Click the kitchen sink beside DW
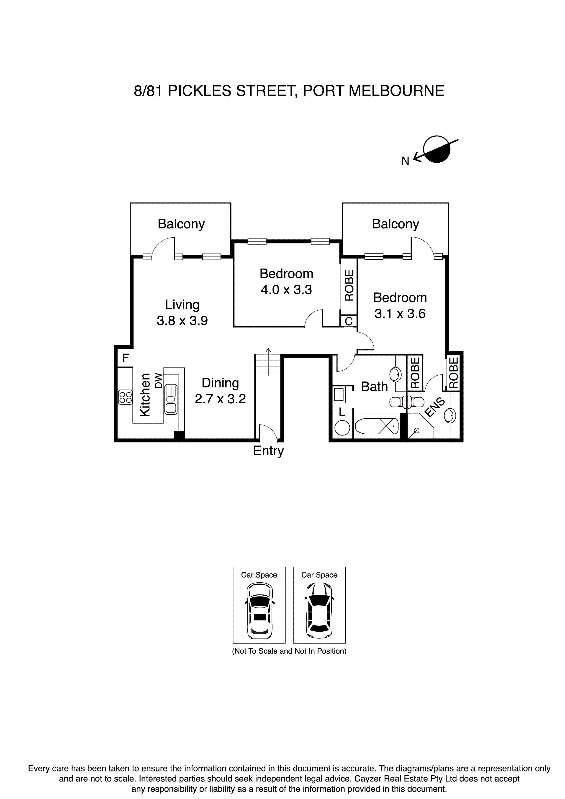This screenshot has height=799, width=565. (171, 399)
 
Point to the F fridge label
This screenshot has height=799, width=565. (126, 358)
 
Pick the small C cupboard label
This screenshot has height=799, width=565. (349, 321)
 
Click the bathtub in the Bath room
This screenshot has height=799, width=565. (377, 426)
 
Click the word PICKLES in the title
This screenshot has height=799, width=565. (200, 91)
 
